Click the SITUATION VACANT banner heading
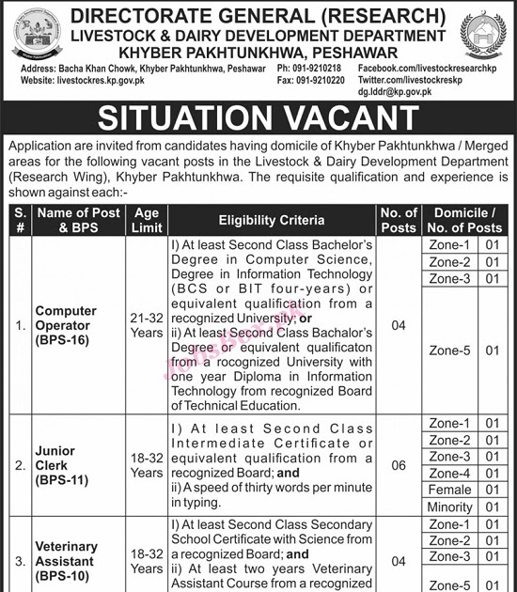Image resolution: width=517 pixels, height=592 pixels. coord(258,119)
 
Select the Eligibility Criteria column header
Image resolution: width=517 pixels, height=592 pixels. coord(271,220)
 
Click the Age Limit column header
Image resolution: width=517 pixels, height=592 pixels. coord(147,220)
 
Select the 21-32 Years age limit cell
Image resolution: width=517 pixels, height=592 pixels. coord(147,325)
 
